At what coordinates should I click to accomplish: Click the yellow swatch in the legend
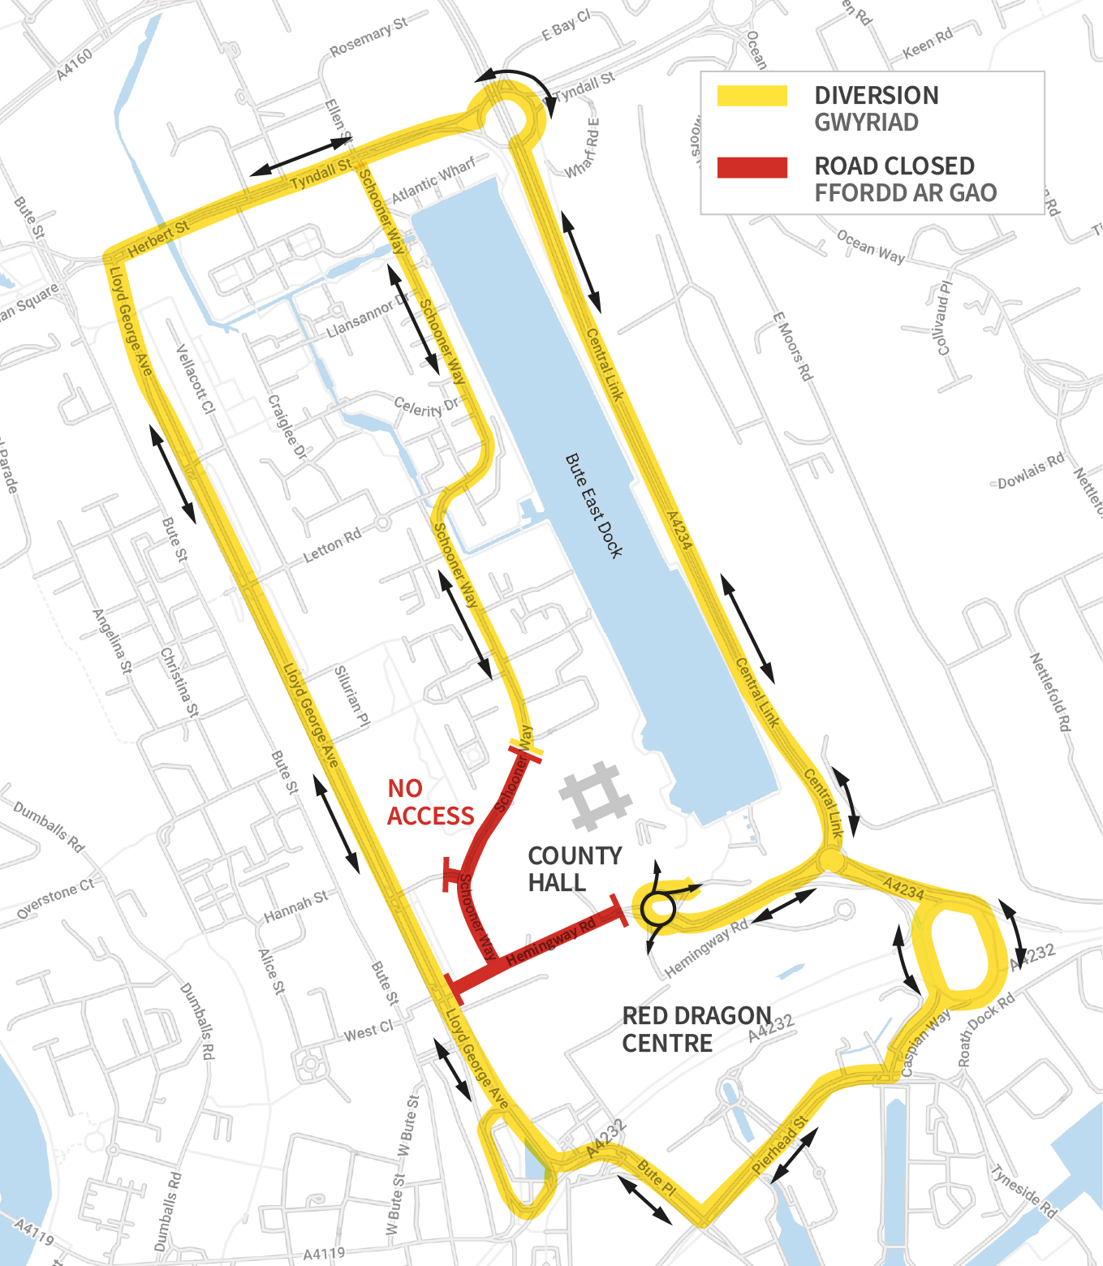752,96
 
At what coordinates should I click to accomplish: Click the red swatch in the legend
752,167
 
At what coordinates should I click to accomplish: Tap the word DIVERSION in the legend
877,96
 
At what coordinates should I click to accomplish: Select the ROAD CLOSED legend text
894,166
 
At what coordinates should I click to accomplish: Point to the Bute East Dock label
594,506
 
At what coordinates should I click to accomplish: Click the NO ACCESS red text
429,802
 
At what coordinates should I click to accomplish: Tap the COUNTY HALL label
575,869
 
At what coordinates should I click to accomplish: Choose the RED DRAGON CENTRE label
696,1029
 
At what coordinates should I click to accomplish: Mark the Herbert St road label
159,238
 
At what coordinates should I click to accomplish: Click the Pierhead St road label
779,1144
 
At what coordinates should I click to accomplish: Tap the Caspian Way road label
925,1044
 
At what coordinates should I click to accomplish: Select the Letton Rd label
332,546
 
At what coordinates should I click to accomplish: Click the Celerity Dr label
425,407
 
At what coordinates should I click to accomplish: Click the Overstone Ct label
55,898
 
